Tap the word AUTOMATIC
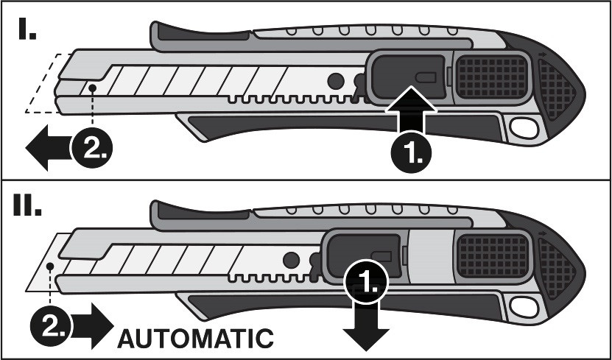click(196, 339)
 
